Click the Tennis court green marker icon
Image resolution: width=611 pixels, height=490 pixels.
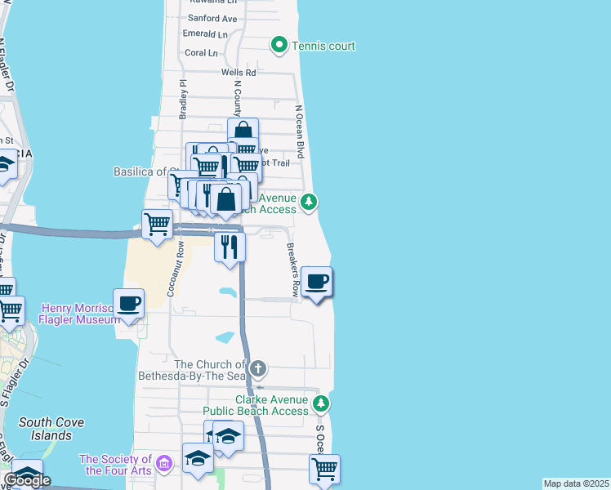[279, 46]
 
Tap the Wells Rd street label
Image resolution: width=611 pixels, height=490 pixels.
[239, 73]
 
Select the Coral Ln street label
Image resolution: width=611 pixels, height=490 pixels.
[201, 53]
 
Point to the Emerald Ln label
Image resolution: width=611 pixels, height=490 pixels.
[205, 34]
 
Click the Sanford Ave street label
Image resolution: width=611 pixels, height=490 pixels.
[212, 18]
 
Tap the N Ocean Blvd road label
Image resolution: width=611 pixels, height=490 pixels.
[300, 131]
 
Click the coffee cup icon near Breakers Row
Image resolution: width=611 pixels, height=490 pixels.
[317, 283]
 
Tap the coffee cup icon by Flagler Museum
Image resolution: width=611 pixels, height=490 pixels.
[129, 304]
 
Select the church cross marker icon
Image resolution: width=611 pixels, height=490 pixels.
[258, 369]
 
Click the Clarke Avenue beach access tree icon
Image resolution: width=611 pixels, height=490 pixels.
[322, 403]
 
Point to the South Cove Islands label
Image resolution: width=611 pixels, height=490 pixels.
[46, 429]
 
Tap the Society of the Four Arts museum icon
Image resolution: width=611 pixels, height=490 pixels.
[163, 464]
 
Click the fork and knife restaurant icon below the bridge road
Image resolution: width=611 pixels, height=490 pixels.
[230, 245]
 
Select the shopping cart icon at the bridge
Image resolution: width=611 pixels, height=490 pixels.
[157, 223]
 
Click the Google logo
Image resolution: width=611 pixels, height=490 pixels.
[28, 480]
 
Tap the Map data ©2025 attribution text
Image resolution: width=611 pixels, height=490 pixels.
[576, 483]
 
